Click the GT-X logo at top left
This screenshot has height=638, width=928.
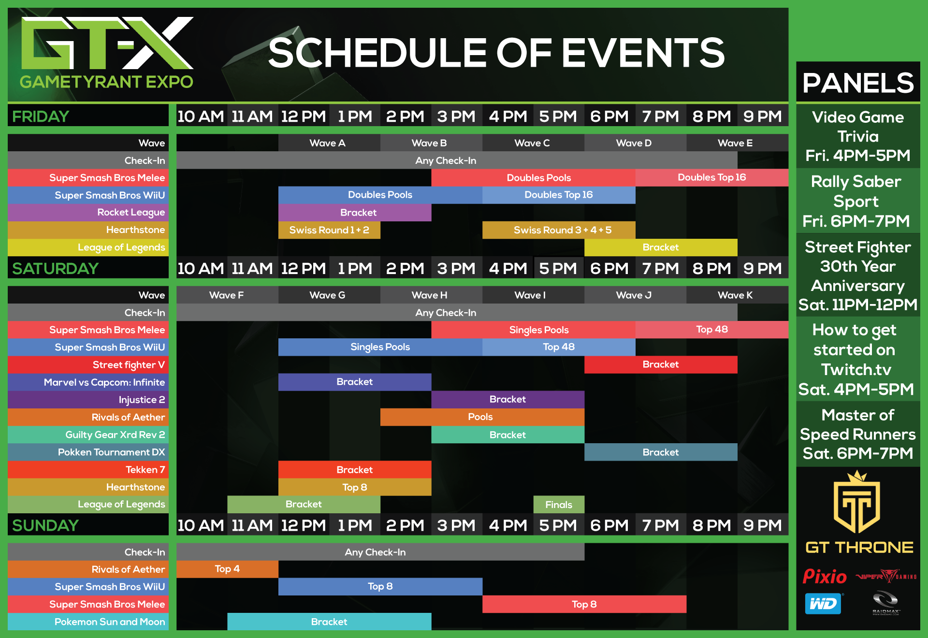tap(106, 52)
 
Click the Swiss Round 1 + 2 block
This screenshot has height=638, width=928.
tap(329, 230)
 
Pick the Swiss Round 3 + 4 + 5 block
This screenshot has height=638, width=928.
tap(559, 230)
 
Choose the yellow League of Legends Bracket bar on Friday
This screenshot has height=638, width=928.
tap(661, 247)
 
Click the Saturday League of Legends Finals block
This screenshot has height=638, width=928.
tap(559, 505)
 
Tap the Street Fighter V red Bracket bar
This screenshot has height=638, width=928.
tap(661, 364)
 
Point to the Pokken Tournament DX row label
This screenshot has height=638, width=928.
tap(111, 452)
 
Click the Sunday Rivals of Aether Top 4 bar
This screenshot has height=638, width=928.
tap(227, 569)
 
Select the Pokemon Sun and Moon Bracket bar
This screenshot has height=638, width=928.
tap(329, 622)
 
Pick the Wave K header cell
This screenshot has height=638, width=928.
tap(736, 295)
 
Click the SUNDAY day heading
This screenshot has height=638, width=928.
tap(45, 525)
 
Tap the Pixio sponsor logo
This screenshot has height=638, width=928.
tap(825, 577)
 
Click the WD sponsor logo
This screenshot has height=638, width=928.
tap(823, 604)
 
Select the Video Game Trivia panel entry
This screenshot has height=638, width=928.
tap(858, 136)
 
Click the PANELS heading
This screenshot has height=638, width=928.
tap(858, 83)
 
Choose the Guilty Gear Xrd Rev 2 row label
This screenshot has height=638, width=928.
tap(115, 435)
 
